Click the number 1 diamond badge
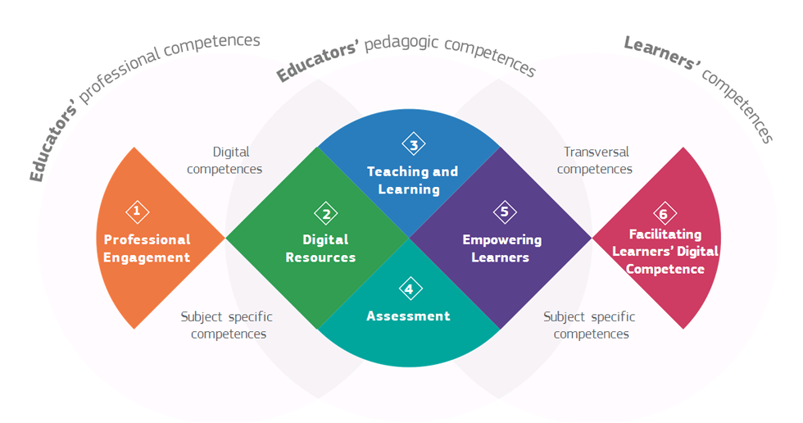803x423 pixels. (x=138, y=211)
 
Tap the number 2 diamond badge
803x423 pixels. (x=326, y=213)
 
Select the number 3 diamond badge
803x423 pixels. (x=414, y=144)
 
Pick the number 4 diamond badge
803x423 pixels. (x=411, y=289)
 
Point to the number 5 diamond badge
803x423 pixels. (x=505, y=212)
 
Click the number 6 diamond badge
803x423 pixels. (x=665, y=213)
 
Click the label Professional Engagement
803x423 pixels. (x=147, y=248)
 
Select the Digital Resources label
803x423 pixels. (x=321, y=248)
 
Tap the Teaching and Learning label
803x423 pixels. (x=412, y=180)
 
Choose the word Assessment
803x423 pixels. (x=408, y=316)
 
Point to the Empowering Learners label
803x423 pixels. (x=501, y=248)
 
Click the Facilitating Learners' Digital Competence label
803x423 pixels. (x=665, y=252)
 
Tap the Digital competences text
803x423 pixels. (x=225, y=161)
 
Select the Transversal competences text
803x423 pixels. (x=595, y=161)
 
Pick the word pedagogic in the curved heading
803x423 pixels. (x=401, y=43)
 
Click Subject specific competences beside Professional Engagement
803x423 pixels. (x=227, y=325)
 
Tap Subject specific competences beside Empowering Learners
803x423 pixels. (x=589, y=325)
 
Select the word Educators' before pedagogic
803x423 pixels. (x=318, y=62)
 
